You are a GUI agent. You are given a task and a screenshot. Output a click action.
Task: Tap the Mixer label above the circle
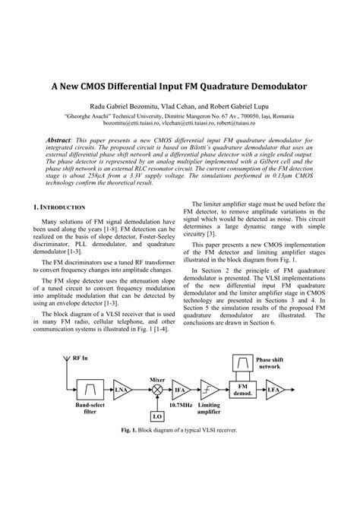pos(157,377)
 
